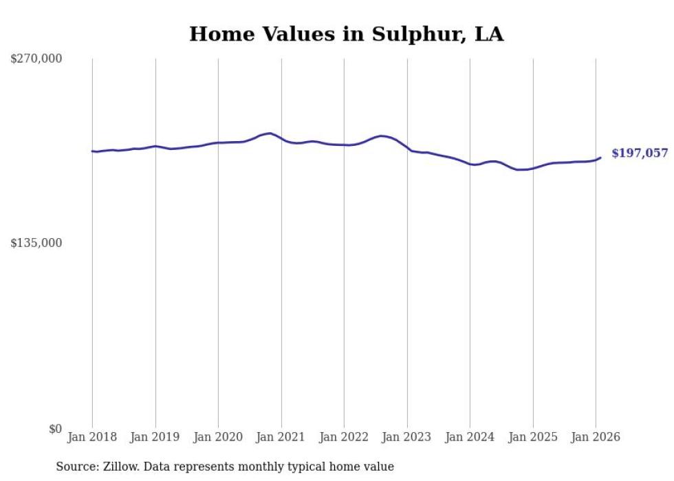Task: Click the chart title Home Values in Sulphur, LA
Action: click(x=346, y=34)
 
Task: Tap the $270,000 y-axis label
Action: click(x=36, y=59)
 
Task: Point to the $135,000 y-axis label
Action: click(x=36, y=243)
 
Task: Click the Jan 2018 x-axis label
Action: click(x=92, y=438)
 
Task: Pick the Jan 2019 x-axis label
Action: click(x=155, y=438)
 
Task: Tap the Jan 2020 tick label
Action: click(x=218, y=438)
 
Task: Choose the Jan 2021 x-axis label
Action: click(x=281, y=438)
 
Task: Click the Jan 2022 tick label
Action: click(x=344, y=438)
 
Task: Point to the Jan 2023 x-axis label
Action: click(x=407, y=438)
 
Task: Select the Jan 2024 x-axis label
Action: click(x=470, y=438)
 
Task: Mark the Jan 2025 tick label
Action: click(x=533, y=438)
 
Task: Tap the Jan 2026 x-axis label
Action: click(x=596, y=438)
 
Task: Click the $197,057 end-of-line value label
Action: click(x=639, y=153)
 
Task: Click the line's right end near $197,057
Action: click(x=600, y=158)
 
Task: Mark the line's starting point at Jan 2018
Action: click(x=92, y=151)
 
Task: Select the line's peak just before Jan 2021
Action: click(x=270, y=133)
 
